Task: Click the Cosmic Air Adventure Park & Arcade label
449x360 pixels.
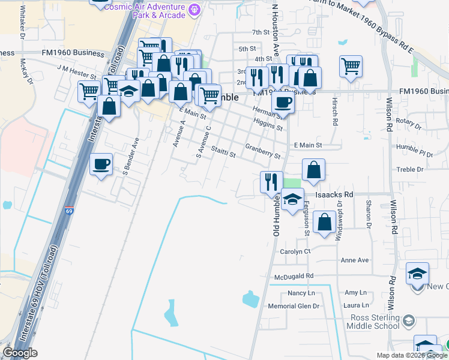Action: (145, 10)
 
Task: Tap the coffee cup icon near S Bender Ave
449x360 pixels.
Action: (101, 164)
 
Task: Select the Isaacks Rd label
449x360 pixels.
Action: (334, 194)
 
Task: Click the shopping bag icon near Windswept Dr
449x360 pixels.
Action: (324, 223)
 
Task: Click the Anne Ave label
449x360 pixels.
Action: (354, 260)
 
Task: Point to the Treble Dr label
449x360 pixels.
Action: (410, 170)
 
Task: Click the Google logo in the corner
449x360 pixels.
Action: (20, 353)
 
